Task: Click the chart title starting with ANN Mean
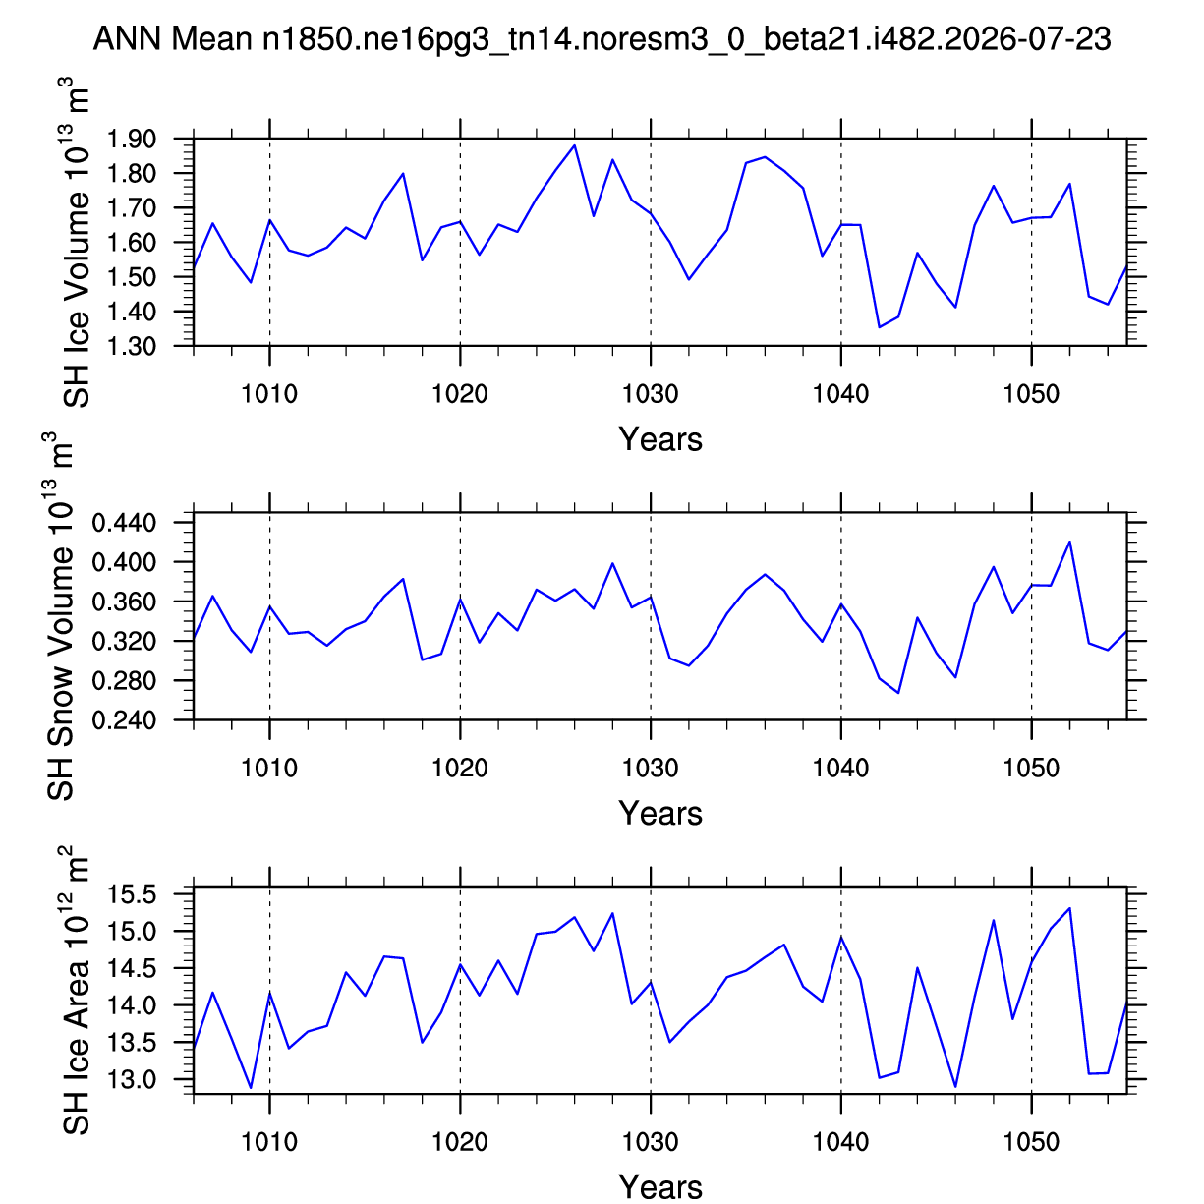[602, 38]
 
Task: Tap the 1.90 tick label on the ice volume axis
[131, 139]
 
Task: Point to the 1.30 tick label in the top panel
[131, 346]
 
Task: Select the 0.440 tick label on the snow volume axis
[124, 522]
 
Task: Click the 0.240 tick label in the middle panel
[124, 719]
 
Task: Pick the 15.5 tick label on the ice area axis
[131, 894]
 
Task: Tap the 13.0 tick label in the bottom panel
[131, 1079]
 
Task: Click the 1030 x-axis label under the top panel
[651, 393]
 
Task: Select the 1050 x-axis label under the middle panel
[1031, 768]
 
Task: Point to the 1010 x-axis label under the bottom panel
[269, 1142]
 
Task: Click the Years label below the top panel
[660, 439]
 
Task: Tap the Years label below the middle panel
[660, 813]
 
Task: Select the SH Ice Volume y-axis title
[77, 243]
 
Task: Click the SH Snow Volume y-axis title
[60, 615]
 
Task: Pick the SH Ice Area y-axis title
[77, 990]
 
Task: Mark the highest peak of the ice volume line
[574, 145]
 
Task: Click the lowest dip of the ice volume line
[879, 327]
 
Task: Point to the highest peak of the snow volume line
[1069, 542]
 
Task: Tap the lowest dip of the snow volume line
[898, 693]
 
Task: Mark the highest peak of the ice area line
[1069, 908]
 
